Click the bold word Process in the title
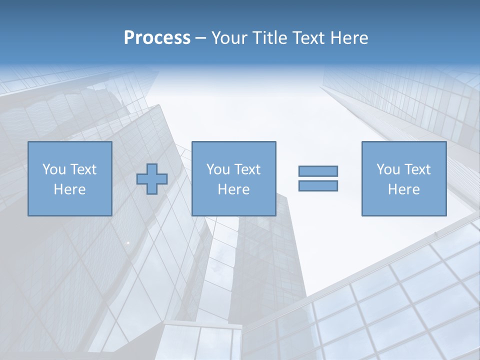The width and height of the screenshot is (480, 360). point(157,38)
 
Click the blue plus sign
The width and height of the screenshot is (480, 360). point(152,178)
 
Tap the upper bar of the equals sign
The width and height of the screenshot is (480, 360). point(318,171)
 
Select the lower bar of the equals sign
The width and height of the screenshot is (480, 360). point(318,185)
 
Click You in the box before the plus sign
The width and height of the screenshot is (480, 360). point(54,169)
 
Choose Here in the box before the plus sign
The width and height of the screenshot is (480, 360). point(69,189)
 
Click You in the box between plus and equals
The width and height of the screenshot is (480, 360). point(218,169)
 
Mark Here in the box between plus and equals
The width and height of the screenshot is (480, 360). point(233,189)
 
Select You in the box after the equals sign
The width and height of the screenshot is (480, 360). point(388,169)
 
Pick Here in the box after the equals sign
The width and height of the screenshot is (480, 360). point(403,189)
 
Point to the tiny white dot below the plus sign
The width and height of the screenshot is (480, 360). point(128,242)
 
